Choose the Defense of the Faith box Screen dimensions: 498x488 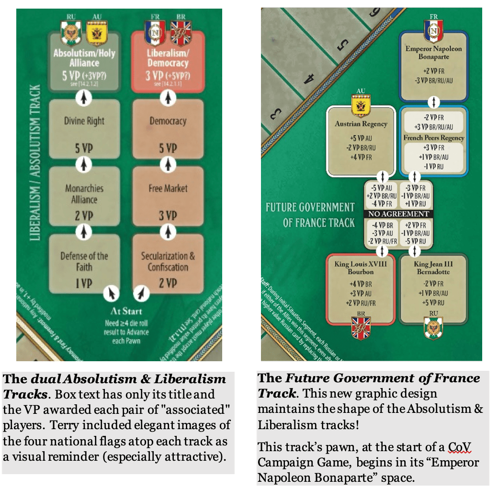[x=84, y=263]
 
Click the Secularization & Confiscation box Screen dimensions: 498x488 [x=168, y=263]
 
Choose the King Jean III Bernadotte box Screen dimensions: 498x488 [x=433, y=285]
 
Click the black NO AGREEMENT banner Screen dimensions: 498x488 [x=397, y=214]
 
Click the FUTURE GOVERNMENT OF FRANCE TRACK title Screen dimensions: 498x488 [x=310, y=215]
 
